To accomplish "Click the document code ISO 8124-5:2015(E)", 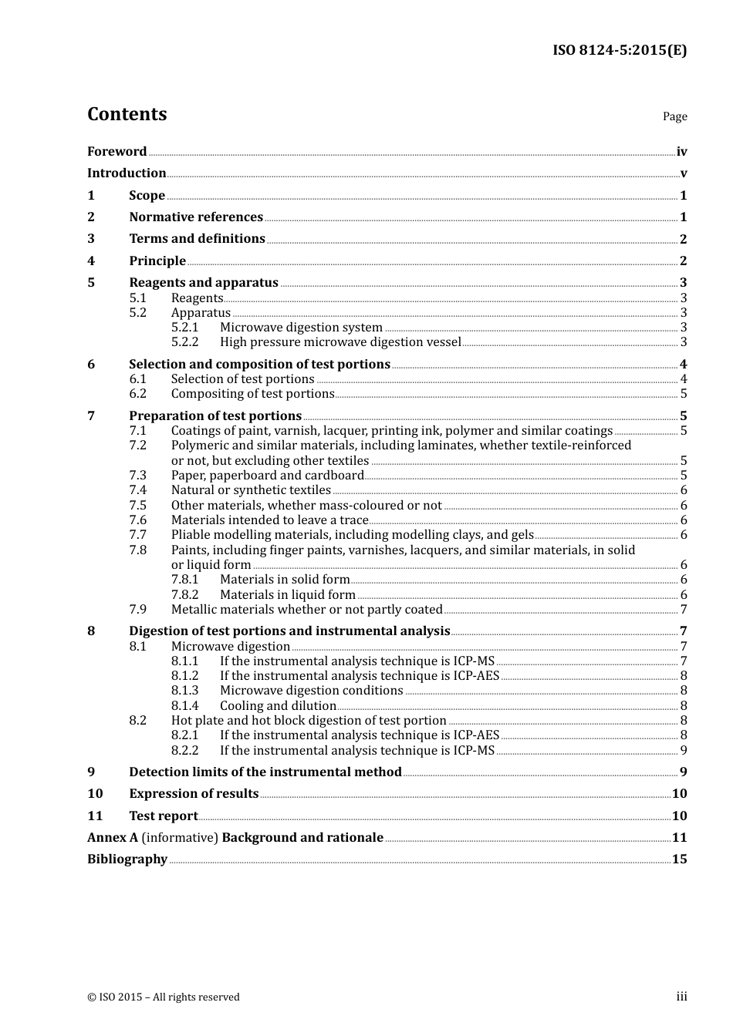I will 619,50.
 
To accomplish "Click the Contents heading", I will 127,114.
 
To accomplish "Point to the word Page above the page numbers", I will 674,116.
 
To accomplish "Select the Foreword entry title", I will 117,151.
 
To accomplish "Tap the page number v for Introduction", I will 683,173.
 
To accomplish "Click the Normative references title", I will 196,217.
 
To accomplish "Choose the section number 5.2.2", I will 184,342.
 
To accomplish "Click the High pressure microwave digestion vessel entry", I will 340,342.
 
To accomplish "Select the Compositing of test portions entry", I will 252,394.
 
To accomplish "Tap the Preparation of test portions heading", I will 215,415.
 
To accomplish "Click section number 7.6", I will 137,520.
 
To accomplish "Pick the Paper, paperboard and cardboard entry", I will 267,476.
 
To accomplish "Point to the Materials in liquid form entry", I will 287,595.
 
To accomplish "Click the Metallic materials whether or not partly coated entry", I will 306,610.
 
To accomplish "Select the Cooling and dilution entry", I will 278,706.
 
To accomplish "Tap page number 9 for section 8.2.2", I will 683,751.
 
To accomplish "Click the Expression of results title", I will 194,794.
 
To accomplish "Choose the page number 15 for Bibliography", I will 679,859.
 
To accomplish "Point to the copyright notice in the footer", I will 164,997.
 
